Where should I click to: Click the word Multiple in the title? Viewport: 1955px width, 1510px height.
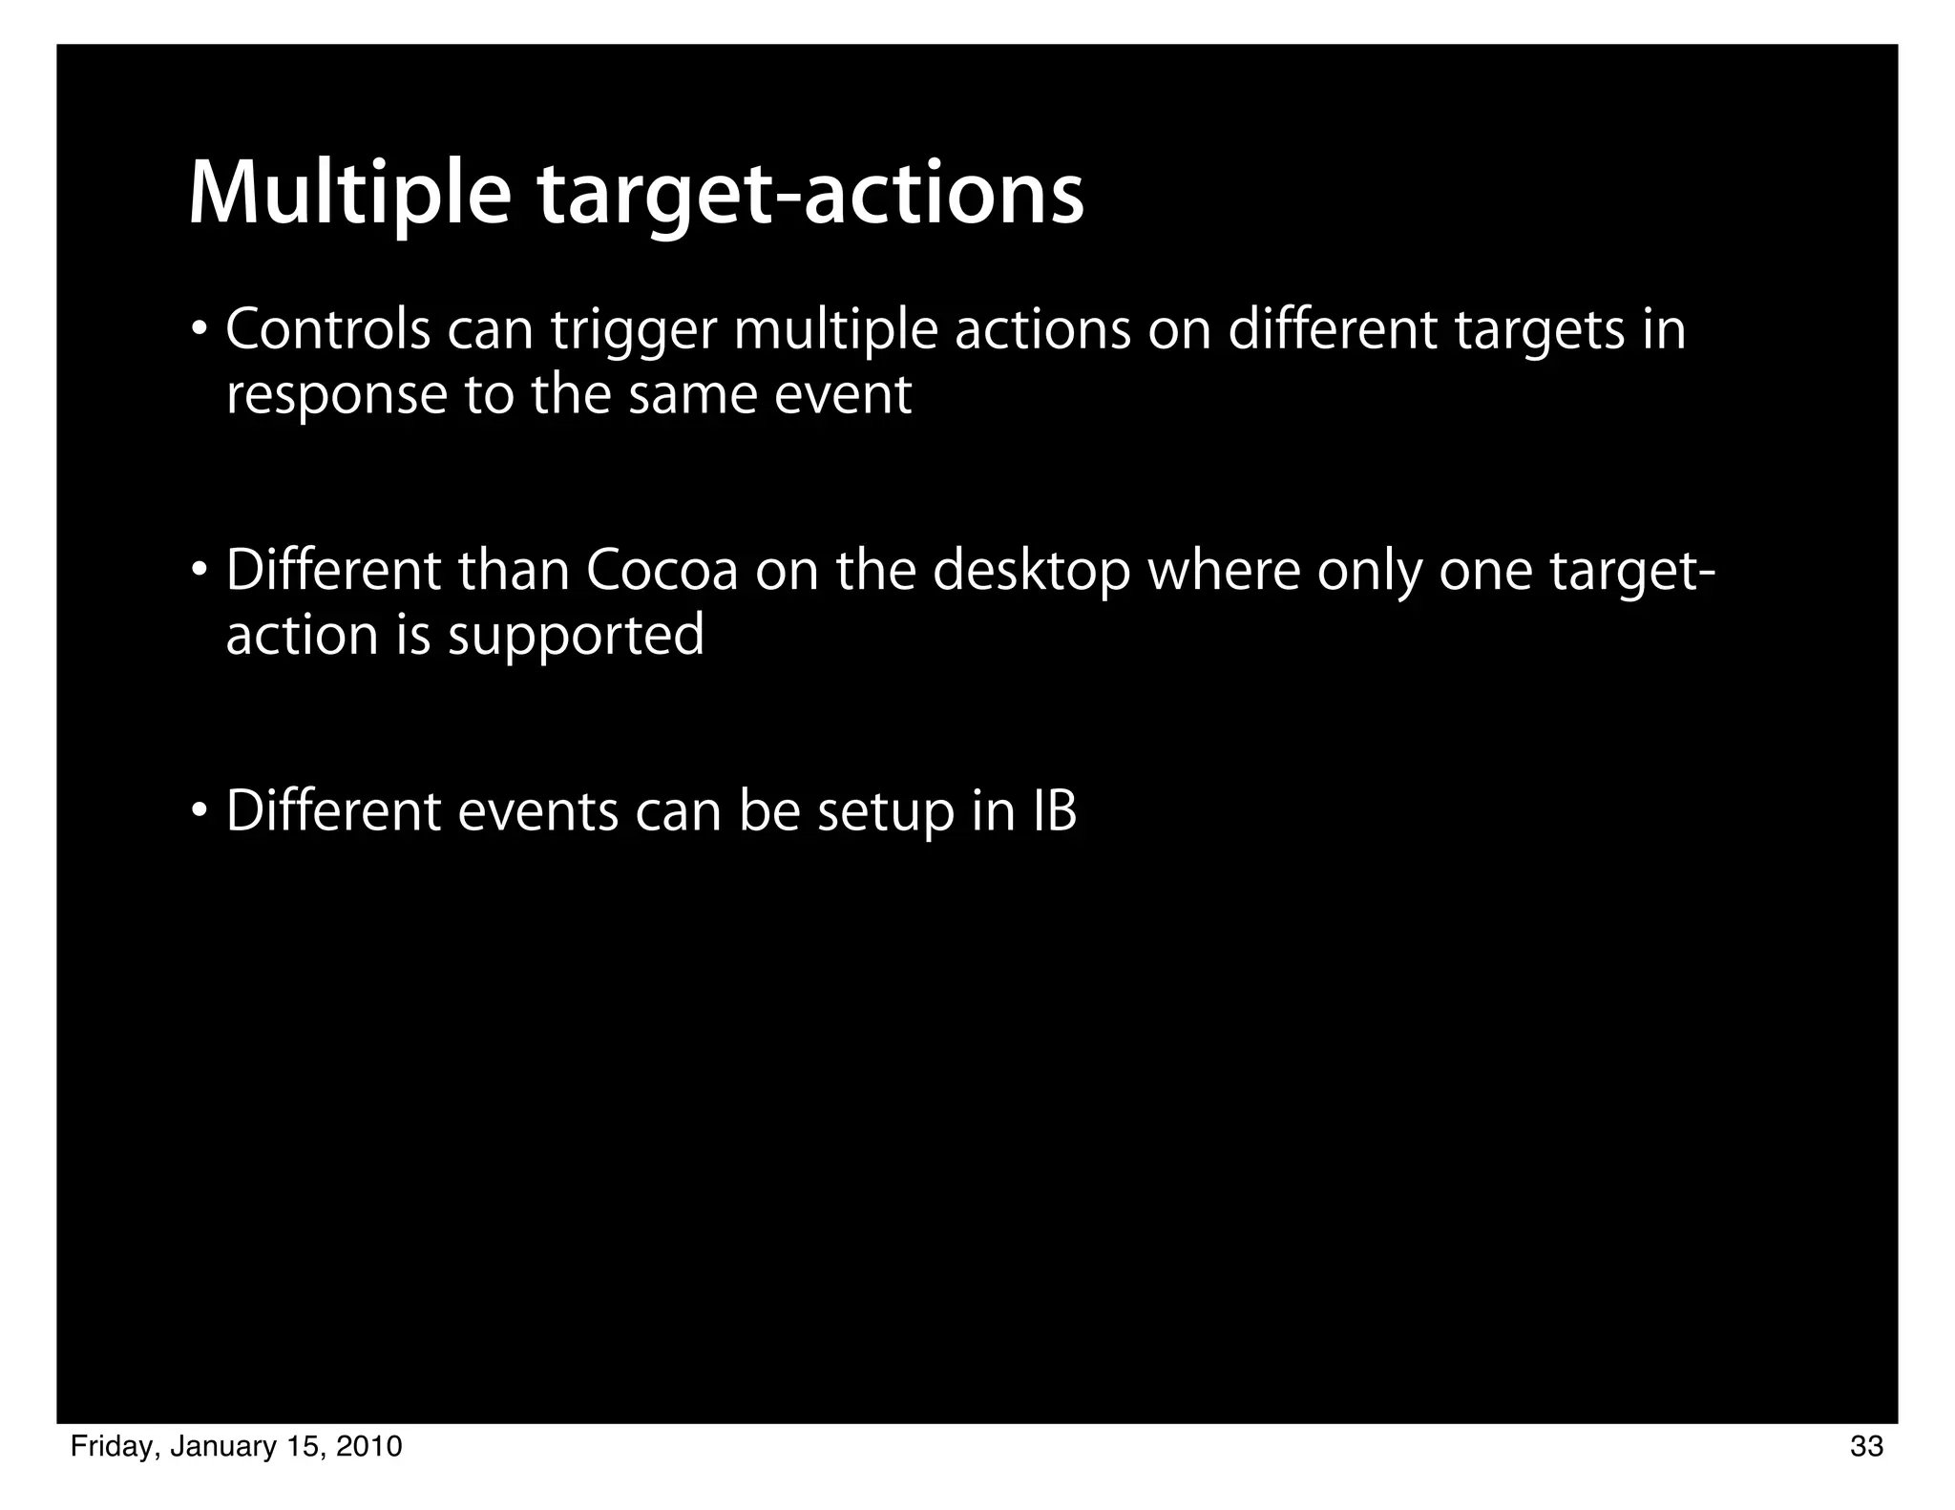[x=349, y=195]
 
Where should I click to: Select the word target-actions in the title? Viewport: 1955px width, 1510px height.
[x=810, y=195]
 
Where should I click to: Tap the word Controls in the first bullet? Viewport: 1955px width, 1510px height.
[x=327, y=330]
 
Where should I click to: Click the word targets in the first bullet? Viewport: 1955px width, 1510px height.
[x=1537, y=332]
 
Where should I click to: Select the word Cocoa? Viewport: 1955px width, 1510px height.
[x=662, y=571]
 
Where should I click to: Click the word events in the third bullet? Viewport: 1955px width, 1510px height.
[x=538, y=812]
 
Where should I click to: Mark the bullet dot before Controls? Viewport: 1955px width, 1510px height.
[x=199, y=331]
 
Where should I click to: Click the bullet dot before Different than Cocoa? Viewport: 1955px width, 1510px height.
[x=199, y=572]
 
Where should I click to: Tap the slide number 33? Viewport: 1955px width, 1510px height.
[x=1866, y=1447]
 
